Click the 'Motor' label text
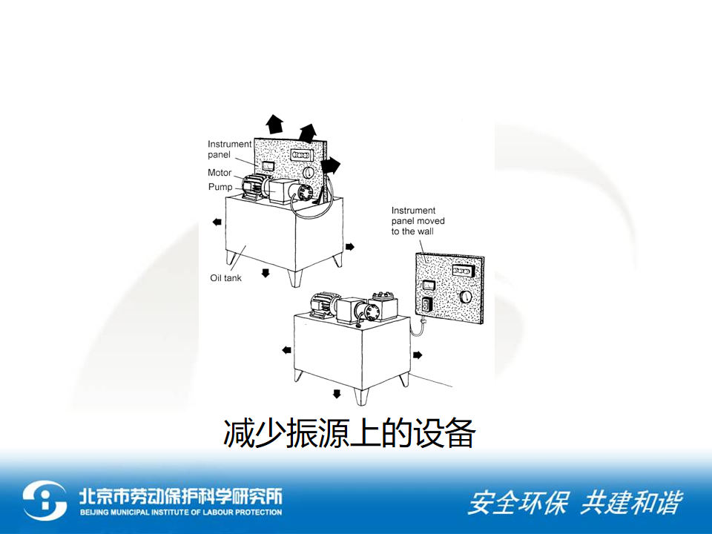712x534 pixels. pyautogui.click(x=220, y=173)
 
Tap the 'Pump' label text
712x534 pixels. pyautogui.click(x=220, y=187)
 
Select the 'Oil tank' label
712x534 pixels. pyautogui.click(x=225, y=278)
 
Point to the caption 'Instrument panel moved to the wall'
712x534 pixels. pyautogui.click(x=418, y=221)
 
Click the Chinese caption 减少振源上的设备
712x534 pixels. pyautogui.click(x=349, y=433)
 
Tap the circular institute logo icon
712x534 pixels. pyautogui.click(x=44, y=501)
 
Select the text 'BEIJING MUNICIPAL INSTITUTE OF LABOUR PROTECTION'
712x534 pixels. pyautogui.click(x=181, y=512)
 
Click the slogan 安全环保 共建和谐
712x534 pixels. pyautogui.click(x=575, y=503)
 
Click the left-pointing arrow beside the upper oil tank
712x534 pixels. pyautogui.click(x=217, y=222)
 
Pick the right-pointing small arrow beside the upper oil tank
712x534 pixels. pyautogui.click(x=349, y=246)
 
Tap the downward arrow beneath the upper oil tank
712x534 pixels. pyautogui.click(x=266, y=272)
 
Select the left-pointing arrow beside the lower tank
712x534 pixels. pyautogui.click(x=286, y=350)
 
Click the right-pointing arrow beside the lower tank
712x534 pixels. pyautogui.click(x=418, y=355)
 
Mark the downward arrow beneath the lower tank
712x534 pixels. pyautogui.click(x=337, y=394)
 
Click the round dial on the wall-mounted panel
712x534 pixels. pyautogui.click(x=466, y=297)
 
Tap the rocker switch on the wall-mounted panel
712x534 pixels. pyautogui.click(x=426, y=304)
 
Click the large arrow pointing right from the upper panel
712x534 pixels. pyautogui.click(x=331, y=166)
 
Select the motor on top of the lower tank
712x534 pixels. pyautogui.click(x=324, y=304)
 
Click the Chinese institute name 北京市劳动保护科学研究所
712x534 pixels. pyautogui.click(x=181, y=496)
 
